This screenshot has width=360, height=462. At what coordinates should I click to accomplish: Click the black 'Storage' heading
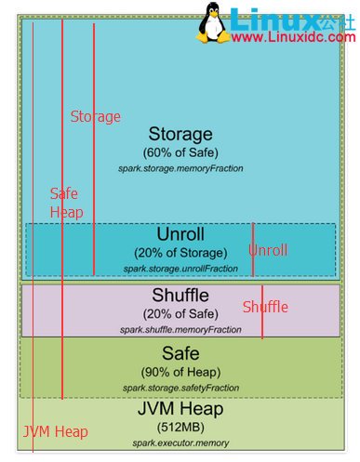click(x=180, y=135)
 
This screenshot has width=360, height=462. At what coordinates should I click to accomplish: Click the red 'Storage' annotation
click(x=96, y=117)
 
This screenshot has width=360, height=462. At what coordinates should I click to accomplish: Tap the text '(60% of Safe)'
click(x=180, y=152)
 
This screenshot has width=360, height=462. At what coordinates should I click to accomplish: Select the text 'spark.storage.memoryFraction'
click(x=180, y=169)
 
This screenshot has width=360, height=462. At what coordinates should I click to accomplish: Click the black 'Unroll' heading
click(x=180, y=233)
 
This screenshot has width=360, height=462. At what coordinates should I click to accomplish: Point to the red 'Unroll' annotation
click(x=269, y=250)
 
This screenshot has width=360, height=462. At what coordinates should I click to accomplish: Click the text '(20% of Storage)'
click(x=180, y=253)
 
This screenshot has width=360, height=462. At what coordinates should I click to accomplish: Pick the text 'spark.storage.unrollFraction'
click(x=180, y=269)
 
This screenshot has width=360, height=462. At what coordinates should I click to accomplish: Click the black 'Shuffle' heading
click(x=180, y=296)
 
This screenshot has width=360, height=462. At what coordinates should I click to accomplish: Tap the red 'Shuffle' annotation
click(x=266, y=307)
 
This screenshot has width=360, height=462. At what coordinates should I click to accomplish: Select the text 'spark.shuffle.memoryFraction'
click(x=180, y=330)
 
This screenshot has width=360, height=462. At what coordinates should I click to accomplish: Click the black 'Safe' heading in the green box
click(x=180, y=354)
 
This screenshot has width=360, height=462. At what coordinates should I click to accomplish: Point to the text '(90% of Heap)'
click(x=180, y=372)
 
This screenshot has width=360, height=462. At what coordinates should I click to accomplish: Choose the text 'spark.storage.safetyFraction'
click(x=180, y=387)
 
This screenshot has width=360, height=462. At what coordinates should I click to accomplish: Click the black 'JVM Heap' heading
click(x=180, y=409)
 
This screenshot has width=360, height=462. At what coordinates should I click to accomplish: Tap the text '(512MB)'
click(x=180, y=427)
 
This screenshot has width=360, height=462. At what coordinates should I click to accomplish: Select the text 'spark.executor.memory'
click(x=180, y=442)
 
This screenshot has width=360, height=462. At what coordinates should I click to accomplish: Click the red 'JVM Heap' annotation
click(x=56, y=431)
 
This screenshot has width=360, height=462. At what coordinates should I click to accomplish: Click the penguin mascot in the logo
click(x=217, y=21)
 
